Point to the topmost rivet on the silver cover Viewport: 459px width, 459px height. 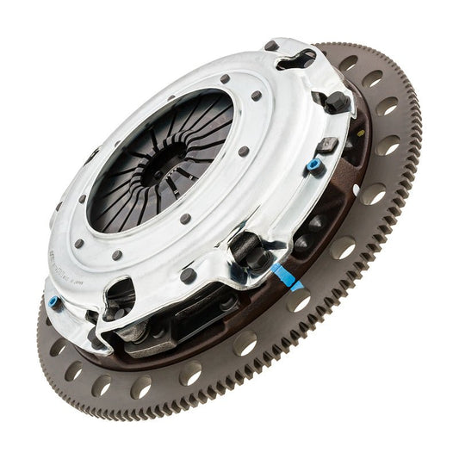pyautogui.click(x=225, y=78)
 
